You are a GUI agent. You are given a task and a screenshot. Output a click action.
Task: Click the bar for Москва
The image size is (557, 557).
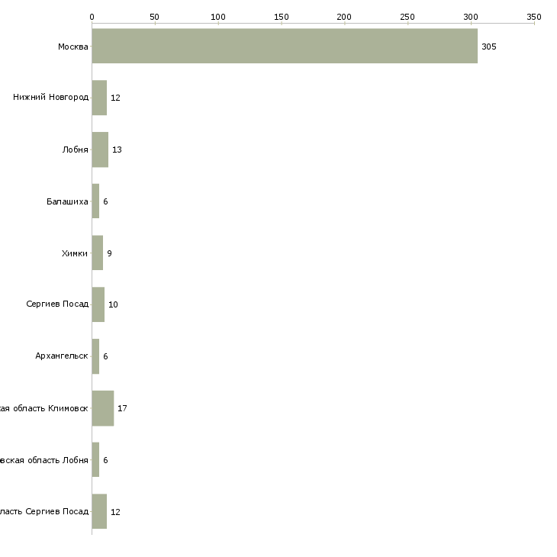click(x=285, y=47)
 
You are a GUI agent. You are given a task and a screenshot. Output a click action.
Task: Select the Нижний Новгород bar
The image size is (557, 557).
click(x=99, y=98)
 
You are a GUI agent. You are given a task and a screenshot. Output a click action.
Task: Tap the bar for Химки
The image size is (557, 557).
click(x=97, y=253)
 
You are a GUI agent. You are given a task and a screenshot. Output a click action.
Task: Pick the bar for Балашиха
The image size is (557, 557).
click(x=95, y=201)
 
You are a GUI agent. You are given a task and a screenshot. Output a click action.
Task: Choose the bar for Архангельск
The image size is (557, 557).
click(x=95, y=356)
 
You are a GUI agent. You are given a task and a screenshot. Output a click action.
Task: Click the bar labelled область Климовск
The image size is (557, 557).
click(x=102, y=408)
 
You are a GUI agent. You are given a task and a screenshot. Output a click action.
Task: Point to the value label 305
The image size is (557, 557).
click(x=489, y=47)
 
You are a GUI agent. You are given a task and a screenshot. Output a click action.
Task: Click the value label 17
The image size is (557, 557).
click(x=122, y=408)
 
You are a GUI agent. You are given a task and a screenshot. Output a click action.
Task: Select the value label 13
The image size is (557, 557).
click(x=117, y=150)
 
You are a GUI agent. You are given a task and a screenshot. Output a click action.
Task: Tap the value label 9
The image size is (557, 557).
click(x=110, y=253)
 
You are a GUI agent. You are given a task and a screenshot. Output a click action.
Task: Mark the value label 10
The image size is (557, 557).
click(x=113, y=304)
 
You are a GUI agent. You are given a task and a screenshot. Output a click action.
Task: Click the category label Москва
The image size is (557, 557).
click(x=73, y=47)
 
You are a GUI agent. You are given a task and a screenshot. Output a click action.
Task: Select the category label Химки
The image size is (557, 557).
click(x=75, y=253)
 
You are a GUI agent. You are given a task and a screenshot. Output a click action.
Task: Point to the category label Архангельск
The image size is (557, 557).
click(x=62, y=356)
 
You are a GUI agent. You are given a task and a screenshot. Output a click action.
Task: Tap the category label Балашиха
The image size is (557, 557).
click(x=67, y=201)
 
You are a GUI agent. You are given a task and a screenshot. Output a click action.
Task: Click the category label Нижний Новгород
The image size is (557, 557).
click(x=50, y=98)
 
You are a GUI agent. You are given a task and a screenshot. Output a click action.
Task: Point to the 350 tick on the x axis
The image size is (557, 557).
click(x=534, y=16)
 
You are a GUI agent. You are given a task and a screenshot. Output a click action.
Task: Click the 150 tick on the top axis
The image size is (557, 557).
click(x=282, y=16)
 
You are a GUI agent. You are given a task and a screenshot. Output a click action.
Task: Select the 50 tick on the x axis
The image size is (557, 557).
click(x=155, y=16)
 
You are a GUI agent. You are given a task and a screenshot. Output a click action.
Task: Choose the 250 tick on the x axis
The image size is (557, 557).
click(x=407, y=16)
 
